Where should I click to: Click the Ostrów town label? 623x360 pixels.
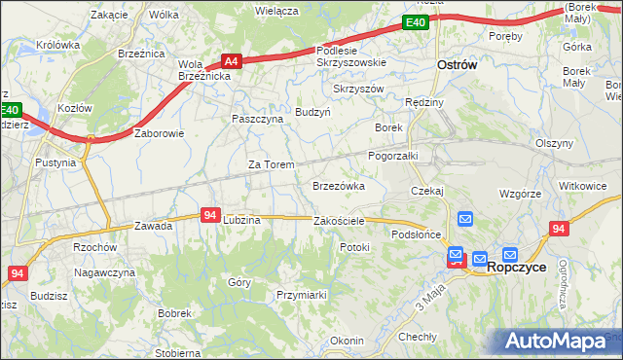[457, 65]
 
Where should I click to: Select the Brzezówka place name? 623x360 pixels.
[338, 185]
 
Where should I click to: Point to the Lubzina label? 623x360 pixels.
[241, 221]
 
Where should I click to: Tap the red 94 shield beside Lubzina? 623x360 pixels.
[211, 215]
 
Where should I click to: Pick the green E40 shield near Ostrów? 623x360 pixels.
[416, 22]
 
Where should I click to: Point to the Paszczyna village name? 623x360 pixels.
[257, 119]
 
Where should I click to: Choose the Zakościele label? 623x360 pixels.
[339, 221]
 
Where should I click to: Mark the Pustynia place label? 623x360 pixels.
[55, 162]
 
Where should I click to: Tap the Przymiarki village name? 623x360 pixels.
[300, 295]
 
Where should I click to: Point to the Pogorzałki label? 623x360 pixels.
[392, 156]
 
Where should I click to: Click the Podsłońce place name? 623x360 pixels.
[417, 234]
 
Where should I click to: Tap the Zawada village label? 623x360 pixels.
[154, 226]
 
